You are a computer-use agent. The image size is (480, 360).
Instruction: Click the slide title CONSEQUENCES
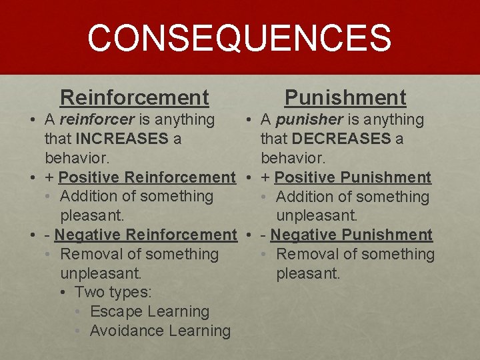[x=239, y=38]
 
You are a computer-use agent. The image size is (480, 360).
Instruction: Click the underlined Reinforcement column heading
[x=135, y=98]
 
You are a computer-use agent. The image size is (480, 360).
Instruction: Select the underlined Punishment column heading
[x=345, y=98]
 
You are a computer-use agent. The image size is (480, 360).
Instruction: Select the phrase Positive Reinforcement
[x=147, y=177]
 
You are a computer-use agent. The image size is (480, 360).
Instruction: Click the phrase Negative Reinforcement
[x=145, y=235]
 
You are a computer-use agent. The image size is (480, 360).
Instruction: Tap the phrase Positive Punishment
[x=353, y=177]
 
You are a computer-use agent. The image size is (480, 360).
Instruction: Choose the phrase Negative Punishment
[x=351, y=235]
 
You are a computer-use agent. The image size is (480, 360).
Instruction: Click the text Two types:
[x=113, y=293]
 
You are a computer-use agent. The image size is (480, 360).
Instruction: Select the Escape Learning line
[x=149, y=311]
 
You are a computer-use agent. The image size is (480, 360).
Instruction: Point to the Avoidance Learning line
[x=160, y=331]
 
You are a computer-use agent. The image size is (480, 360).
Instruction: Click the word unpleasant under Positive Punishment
[x=317, y=216]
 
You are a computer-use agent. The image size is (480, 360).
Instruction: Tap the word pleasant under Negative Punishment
[x=308, y=273]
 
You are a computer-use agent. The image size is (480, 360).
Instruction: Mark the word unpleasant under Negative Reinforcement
[x=101, y=273]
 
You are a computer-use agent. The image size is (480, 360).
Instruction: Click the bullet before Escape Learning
[x=79, y=312]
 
